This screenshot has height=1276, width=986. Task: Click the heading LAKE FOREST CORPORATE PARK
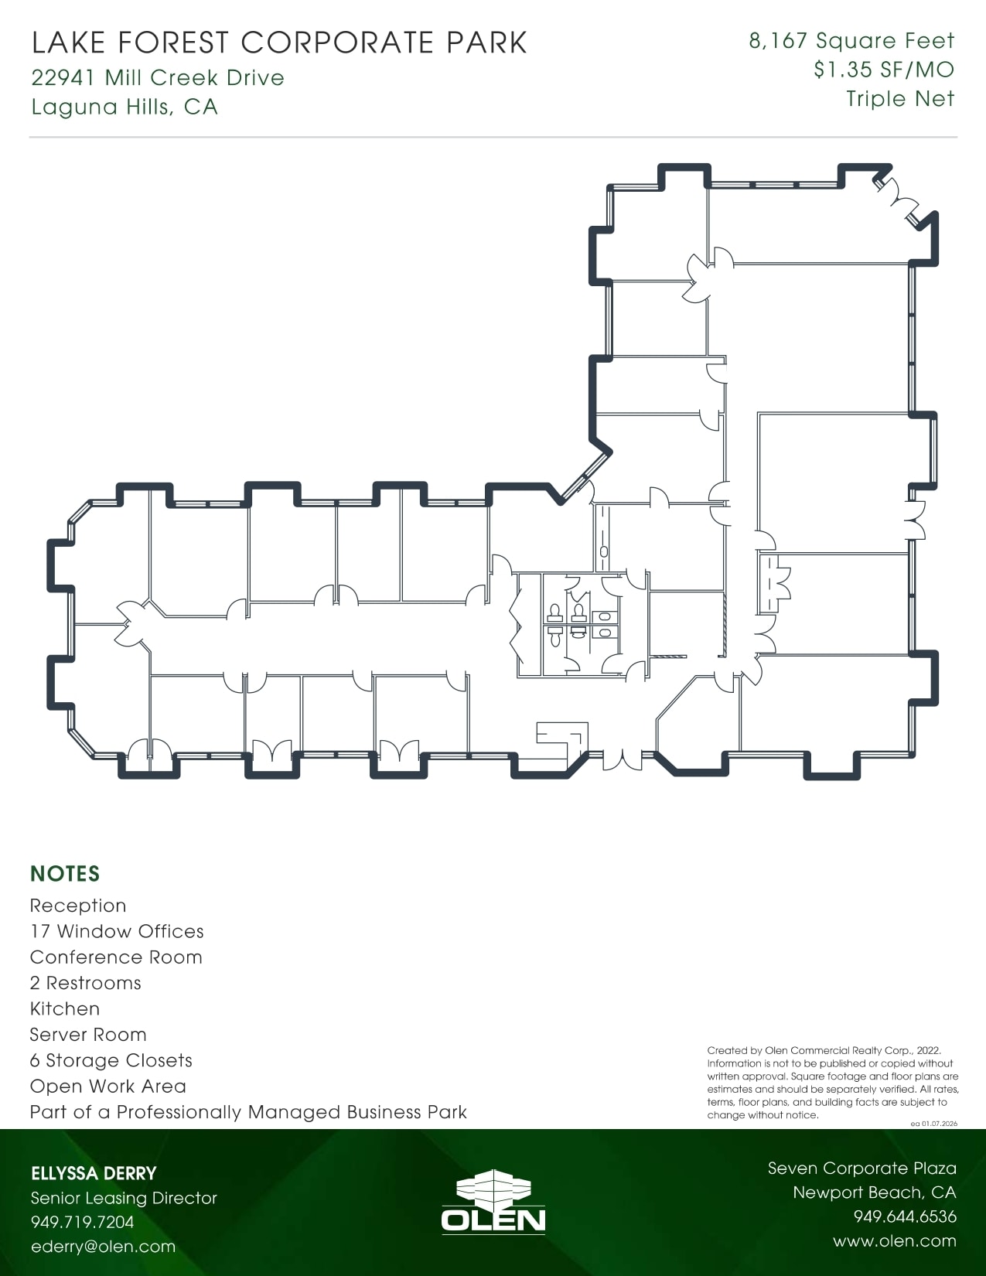[x=279, y=43]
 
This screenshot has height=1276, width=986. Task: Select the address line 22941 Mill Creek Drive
[x=158, y=78]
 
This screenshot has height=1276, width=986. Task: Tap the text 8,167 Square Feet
[x=851, y=41]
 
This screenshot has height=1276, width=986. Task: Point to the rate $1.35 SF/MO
[x=883, y=70]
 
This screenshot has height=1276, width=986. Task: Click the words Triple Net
[x=900, y=99]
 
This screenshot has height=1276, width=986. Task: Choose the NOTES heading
[x=65, y=874]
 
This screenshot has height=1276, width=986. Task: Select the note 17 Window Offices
[x=117, y=931]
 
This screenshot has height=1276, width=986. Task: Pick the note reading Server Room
[x=88, y=1035]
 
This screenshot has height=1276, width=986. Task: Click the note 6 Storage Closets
[x=111, y=1060]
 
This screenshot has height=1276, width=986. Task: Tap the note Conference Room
[x=116, y=957]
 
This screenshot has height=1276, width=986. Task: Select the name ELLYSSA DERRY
[x=94, y=1173]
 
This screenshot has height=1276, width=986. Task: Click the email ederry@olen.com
[x=103, y=1247]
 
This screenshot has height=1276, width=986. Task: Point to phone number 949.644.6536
[x=905, y=1216]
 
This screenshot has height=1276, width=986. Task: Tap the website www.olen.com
[x=894, y=1241]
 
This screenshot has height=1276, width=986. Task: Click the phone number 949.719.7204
[x=82, y=1222]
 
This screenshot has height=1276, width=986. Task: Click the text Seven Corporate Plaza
[x=861, y=1169]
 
